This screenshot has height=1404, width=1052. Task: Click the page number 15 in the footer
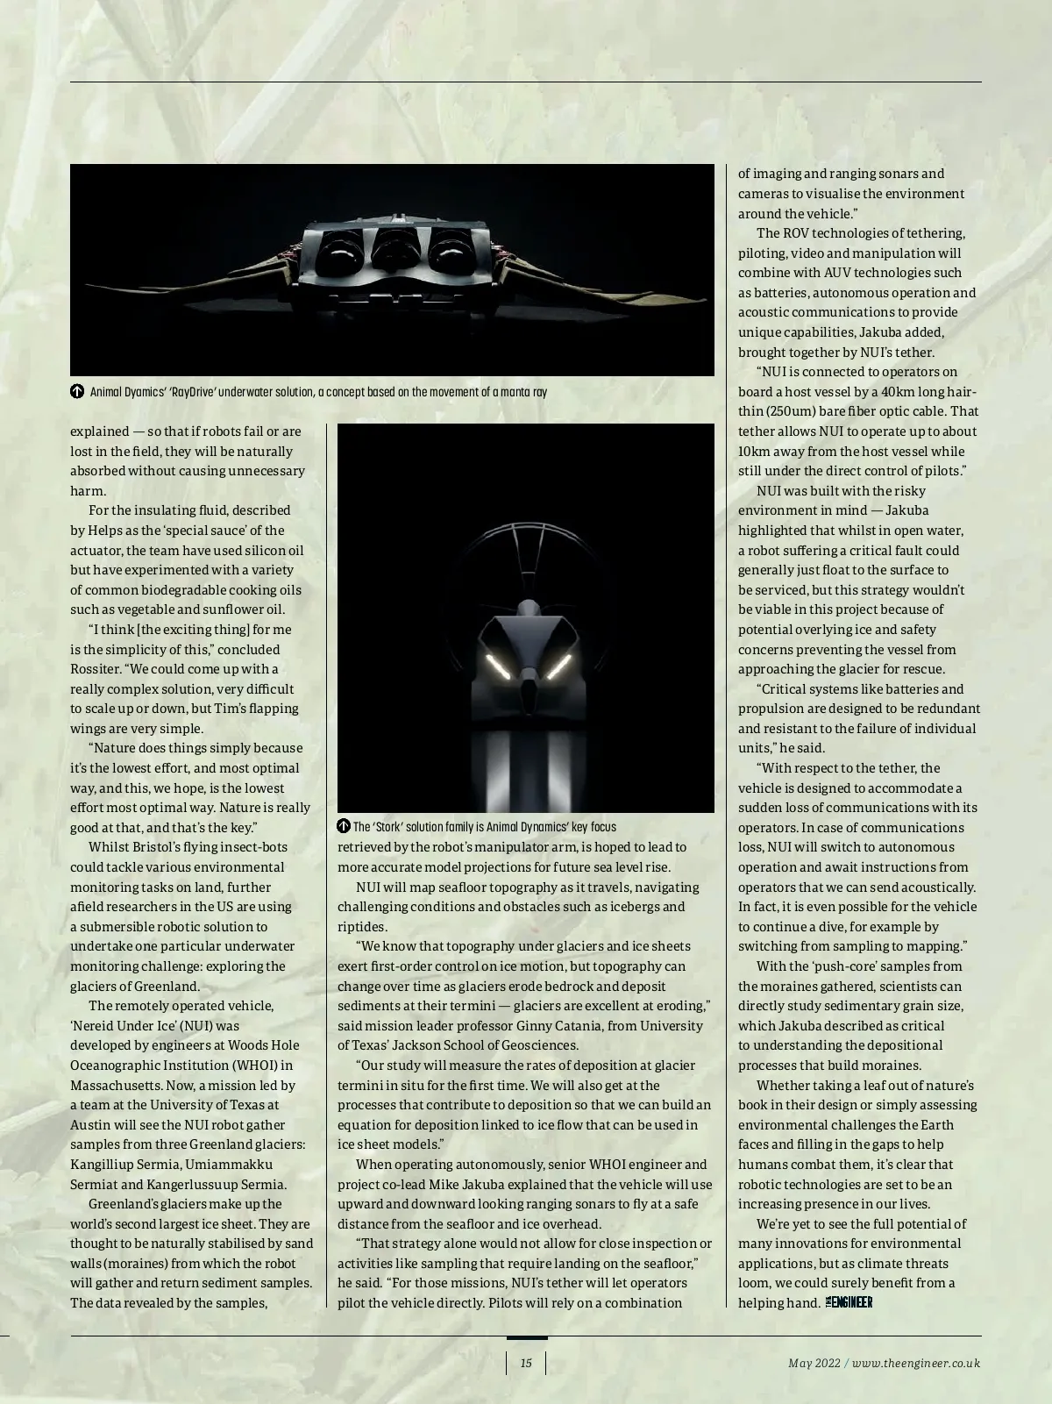pyautogui.click(x=526, y=1363)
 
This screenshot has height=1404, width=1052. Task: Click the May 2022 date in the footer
pyautogui.click(x=814, y=1363)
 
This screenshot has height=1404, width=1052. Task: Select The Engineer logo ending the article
pyautogui.click(x=849, y=1302)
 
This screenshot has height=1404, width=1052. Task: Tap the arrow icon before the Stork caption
pyautogui.click(x=344, y=826)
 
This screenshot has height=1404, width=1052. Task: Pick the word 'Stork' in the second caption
pyautogui.click(x=393, y=826)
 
